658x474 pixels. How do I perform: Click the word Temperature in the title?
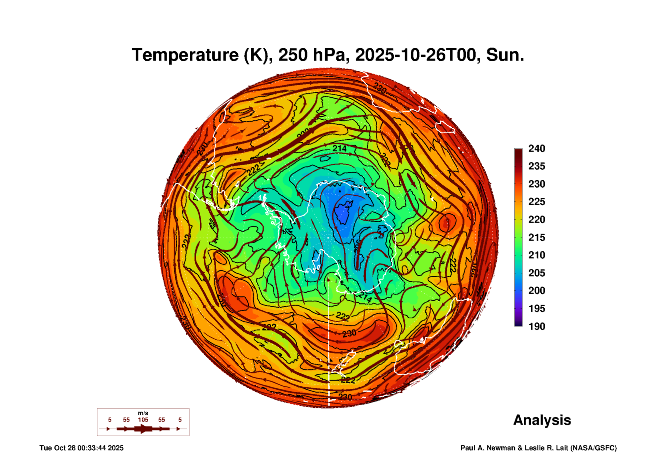(x=185, y=55)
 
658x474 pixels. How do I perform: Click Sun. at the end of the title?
(x=505, y=55)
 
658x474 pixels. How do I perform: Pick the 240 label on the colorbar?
(x=536, y=148)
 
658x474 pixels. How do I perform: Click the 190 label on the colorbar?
(x=536, y=326)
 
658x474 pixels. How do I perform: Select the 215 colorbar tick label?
(x=536, y=237)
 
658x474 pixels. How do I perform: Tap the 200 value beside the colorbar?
(x=536, y=291)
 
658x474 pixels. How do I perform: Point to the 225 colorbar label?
(x=536, y=202)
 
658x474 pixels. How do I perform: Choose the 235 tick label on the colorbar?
(x=536, y=166)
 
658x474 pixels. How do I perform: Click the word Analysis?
(x=542, y=420)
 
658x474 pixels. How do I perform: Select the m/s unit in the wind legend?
(x=143, y=413)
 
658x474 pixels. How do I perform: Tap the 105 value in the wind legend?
(x=143, y=420)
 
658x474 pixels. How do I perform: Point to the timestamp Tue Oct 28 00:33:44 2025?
(x=81, y=448)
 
